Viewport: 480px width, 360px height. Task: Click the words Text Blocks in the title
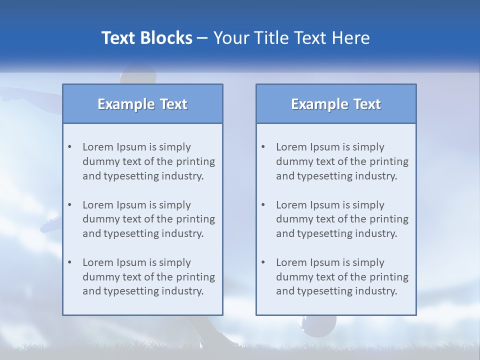point(147,38)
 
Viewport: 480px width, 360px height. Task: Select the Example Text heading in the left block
point(142,104)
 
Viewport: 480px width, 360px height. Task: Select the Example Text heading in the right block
point(336,104)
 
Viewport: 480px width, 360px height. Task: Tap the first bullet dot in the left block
point(69,147)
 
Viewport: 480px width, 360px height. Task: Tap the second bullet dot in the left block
point(69,205)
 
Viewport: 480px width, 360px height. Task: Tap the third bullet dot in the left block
point(69,262)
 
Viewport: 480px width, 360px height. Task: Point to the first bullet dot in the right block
point(263,147)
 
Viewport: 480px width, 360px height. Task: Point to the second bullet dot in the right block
point(263,205)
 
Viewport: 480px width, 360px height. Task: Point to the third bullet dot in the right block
point(263,262)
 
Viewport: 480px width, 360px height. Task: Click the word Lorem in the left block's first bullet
point(98,147)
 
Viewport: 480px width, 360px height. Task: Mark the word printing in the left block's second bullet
point(195,219)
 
